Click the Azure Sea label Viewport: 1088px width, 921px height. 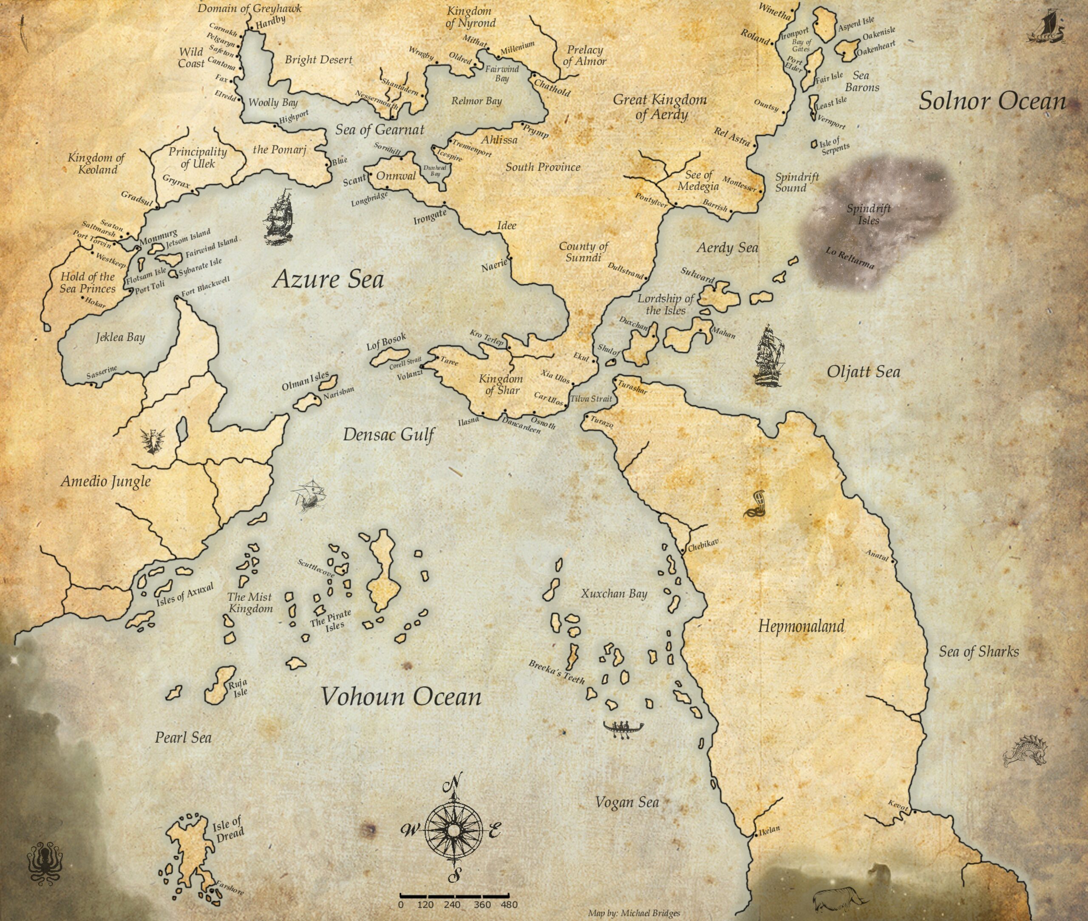click(x=328, y=280)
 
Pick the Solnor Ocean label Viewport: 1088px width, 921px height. click(x=992, y=101)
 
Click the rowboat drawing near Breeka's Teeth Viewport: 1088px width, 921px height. click(x=623, y=727)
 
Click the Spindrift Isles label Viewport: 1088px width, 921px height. click(x=869, y=214)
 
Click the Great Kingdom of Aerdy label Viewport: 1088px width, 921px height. click(x=660, y=107)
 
